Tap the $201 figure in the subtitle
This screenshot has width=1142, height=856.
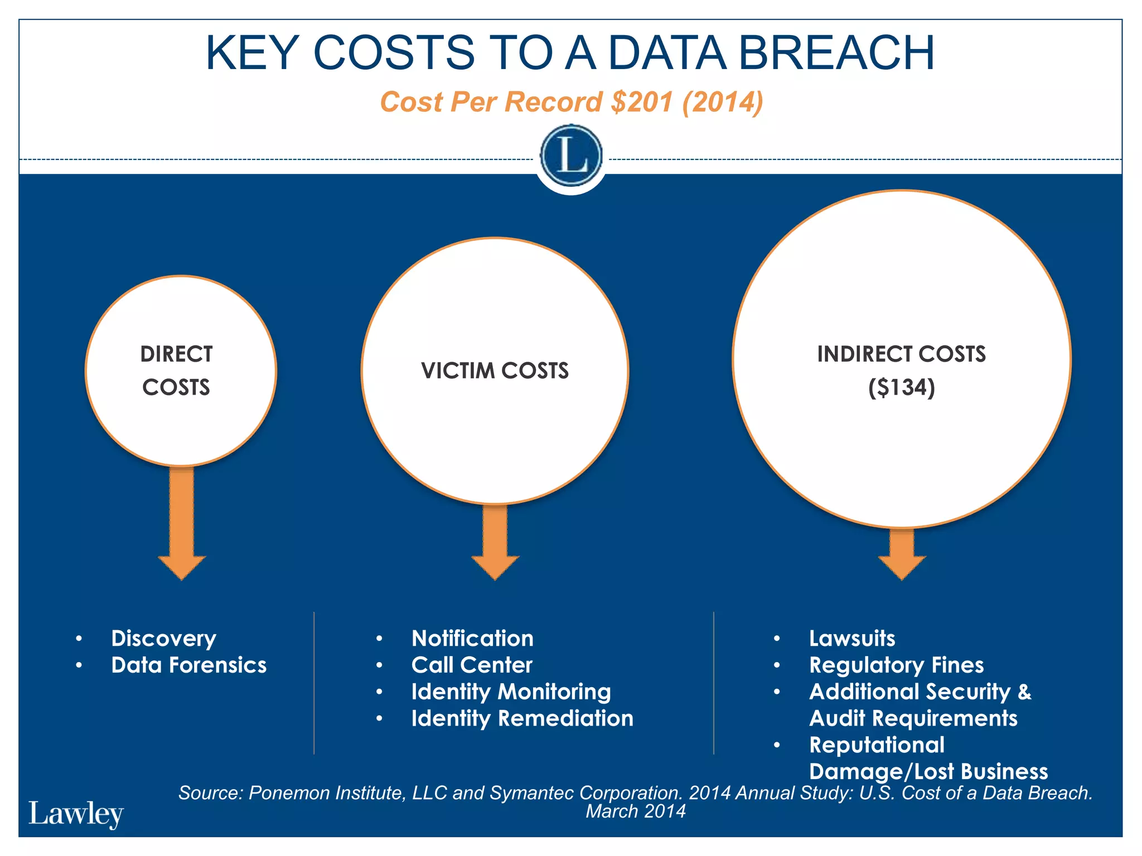[x=641, y=102]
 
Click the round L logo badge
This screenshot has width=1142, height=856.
[x=571, y=155]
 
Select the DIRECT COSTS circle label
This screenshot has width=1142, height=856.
[x=176, y=371]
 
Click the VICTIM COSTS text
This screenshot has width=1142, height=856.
[x=495, y=371]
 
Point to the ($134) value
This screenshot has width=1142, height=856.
[x=901, y=387]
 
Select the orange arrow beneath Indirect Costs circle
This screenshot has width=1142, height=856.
[x=902, y=555]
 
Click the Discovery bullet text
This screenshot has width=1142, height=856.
[x=163, y=638]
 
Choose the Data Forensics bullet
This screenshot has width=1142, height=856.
[x=188, y=665]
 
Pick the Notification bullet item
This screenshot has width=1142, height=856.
[x=472, y=638]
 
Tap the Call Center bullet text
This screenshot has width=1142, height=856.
[x=472, y=665]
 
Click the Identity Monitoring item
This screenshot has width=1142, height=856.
[x=511, y=692]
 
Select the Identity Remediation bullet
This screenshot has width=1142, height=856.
[x=522, y=718]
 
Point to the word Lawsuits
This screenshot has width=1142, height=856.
[x=851, y=638]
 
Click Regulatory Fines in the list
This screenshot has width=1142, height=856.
[x=896, y=665]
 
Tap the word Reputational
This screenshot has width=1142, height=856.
[x=877, y=745]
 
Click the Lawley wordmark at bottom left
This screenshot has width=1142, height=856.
[x=76, y=814]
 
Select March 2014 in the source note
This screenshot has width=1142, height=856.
[x=635, y=811]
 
